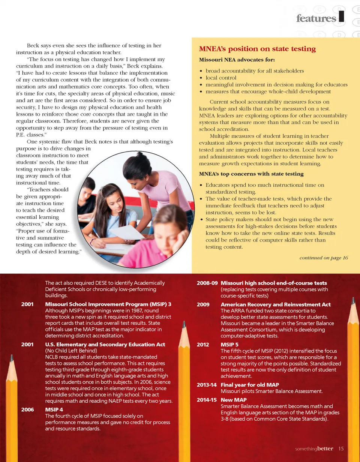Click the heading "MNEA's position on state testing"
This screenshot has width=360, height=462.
click(x=257, y=49)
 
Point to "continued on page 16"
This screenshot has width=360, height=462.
click(x=324, y=258)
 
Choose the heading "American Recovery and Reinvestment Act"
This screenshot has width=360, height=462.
click(x=276, y=304)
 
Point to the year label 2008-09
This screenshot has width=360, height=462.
click(x=207, y=283)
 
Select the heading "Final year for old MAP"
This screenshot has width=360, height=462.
click(x=249, y=385)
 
